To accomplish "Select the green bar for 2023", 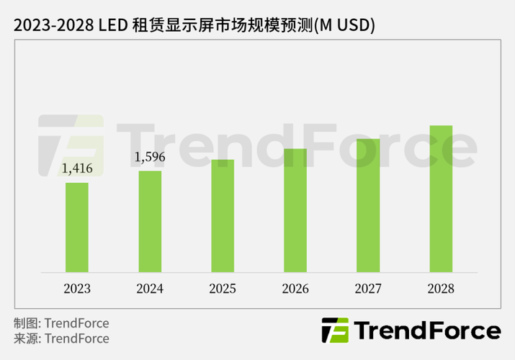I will coord(77,227).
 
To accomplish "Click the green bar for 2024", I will coord(150,221).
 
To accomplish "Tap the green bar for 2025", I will coord(223,215).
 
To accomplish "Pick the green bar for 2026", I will coord(295,210).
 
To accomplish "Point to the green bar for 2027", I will coord(368,205).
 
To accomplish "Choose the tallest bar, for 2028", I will coord(441,199).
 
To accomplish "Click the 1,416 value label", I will coord(77,169).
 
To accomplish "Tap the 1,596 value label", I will coord(150,157).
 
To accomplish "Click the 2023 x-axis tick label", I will coord(77,289).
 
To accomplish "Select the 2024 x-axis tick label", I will coord(150,289).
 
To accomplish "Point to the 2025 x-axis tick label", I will coord(223,289).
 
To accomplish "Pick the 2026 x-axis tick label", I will coord(295,289).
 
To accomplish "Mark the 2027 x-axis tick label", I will coord(368,289).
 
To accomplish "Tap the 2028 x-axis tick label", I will coord(441,289).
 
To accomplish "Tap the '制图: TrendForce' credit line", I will coord(61,323).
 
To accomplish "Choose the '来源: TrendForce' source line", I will coord(61,338).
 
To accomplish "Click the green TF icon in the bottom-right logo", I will coord(334,331).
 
